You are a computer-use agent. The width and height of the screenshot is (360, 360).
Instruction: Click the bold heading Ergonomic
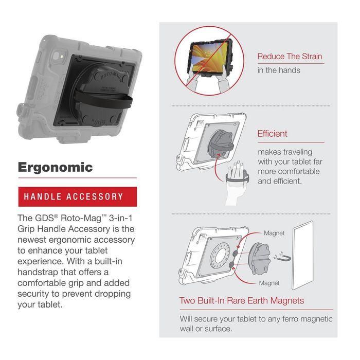tap(56, 167)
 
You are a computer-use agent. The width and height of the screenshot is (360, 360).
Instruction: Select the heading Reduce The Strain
tap(291, 57)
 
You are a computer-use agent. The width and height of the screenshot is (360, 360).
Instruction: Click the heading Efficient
tap(273, 134)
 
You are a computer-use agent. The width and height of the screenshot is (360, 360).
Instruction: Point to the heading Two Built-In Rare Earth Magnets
tap(242, 301)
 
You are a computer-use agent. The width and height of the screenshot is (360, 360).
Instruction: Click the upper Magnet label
tap(274, 233)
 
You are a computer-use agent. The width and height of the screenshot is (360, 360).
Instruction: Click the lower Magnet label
tap(269, 283)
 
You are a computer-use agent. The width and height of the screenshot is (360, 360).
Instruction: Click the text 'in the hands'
tap(279, 70)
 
